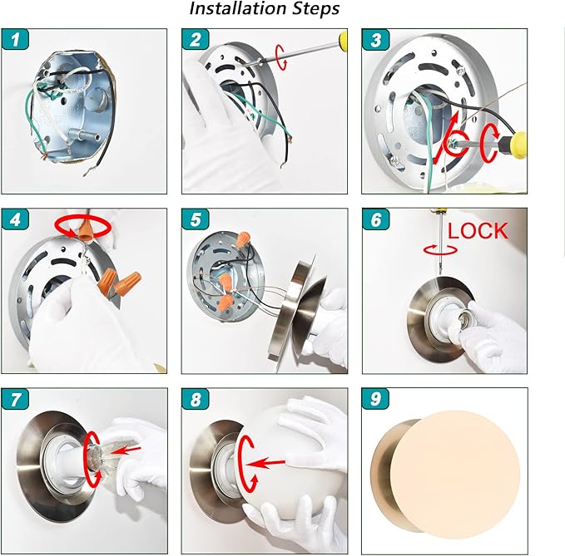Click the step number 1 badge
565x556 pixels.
pos(15,39)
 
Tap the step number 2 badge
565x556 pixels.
pos(196,39)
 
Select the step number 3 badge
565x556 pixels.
pos(375,39)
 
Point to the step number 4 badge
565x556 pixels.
pos(15,219)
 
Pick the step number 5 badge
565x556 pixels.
pos(196,219)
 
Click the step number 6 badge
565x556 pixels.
pos(375,219)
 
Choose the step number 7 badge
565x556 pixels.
pos(15,399)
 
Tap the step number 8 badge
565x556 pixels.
pos(196,399)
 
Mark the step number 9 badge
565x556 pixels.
pos(375,398)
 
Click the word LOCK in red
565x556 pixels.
pos(478,231)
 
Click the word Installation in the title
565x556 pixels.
pos(238,8)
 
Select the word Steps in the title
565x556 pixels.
pos(315,9)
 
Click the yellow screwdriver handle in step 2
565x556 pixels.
pos(343,39)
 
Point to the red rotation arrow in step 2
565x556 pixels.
pos(281,57)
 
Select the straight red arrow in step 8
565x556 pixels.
pos(266,463)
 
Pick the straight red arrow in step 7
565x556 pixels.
pos(125,450)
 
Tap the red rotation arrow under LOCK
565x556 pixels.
pos(440,249)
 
